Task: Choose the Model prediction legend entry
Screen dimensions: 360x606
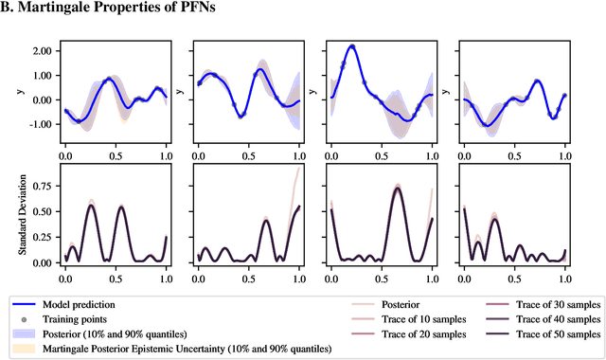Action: coord(82,305)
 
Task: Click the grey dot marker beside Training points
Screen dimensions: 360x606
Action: coord(25,320)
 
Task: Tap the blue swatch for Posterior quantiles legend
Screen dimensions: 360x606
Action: coord(25,334)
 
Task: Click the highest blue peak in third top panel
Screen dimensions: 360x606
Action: coord(352,45)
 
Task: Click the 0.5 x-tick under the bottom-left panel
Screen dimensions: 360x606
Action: coord(115,280)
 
